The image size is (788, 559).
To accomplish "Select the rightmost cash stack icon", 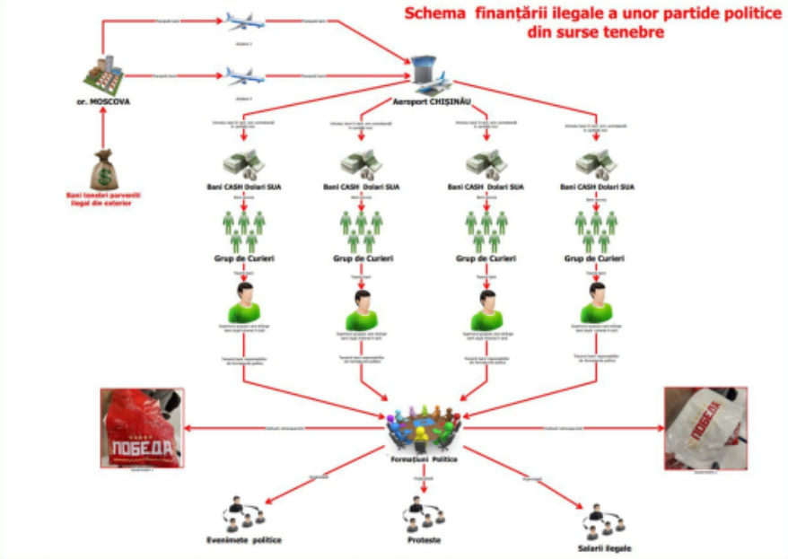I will tap(596, 163).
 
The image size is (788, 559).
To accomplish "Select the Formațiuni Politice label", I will tap(423, 459).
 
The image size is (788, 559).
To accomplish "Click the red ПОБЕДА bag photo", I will tap(142, 428).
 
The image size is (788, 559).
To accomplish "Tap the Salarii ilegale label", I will tap(603, 547).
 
